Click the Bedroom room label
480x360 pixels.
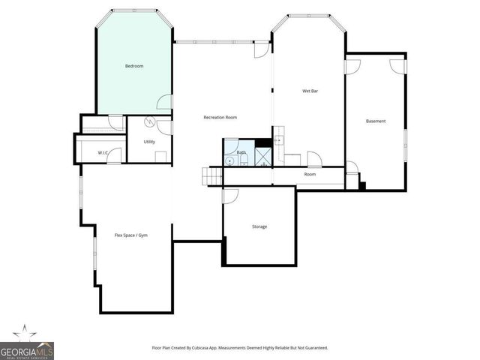(134, 67)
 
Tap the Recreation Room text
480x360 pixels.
(220, 117)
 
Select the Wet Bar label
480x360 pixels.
(311, 91)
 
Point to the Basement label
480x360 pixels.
(376, 121)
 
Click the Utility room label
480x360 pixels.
(149, 141)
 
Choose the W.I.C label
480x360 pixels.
(104, 153)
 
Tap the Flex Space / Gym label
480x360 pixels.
(131, 235)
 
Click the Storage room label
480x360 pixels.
(259, 226)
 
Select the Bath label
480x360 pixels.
(241, 152)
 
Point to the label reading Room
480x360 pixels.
(310, 174)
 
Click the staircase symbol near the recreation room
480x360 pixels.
(212, 175)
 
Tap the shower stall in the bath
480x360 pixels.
(262, 156)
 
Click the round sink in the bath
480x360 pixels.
(229, 160)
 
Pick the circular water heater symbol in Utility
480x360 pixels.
(149, 122)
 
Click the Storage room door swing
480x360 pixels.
(230, 195)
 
